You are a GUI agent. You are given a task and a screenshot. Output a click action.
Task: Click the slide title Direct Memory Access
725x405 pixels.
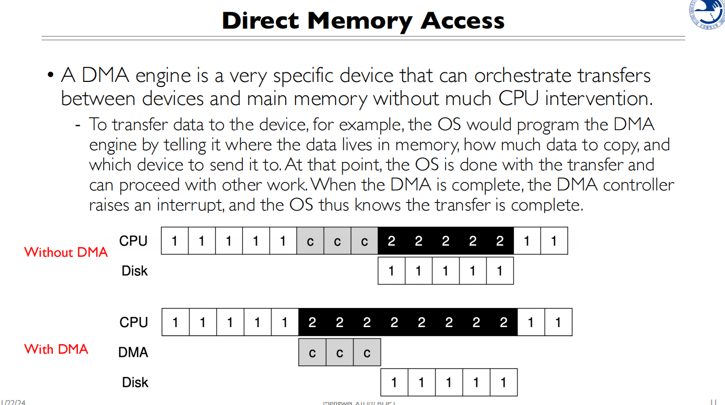(363, 21)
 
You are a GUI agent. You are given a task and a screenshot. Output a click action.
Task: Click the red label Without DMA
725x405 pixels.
(66, 252)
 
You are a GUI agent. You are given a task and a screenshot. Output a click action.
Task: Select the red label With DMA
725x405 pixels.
(56, 349)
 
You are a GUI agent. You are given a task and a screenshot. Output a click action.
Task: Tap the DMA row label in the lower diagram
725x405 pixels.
(133, 353)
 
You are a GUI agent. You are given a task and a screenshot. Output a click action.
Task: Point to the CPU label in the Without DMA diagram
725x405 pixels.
(133, 241)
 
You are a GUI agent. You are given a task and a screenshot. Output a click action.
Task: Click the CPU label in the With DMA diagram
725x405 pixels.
(133, 322)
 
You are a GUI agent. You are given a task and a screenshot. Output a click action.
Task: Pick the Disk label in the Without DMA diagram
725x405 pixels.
(135, 271)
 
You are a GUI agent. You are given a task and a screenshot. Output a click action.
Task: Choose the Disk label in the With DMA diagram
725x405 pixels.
(135, 382)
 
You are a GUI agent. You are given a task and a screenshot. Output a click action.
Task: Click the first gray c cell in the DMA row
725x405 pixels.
(312, 353)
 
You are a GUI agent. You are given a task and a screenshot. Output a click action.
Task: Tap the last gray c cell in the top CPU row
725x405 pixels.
(364, 241)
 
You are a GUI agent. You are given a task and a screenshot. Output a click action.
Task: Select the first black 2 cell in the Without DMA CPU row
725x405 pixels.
(391, 241)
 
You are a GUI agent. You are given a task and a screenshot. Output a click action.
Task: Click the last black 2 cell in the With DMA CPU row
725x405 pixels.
(503, 322)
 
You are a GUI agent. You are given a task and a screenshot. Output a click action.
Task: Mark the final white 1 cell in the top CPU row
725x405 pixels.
(554, 241)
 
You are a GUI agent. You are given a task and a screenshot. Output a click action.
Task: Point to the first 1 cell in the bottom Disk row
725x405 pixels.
(394, 383)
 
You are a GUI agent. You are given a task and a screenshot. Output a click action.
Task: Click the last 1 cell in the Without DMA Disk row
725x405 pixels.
(499, 271)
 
